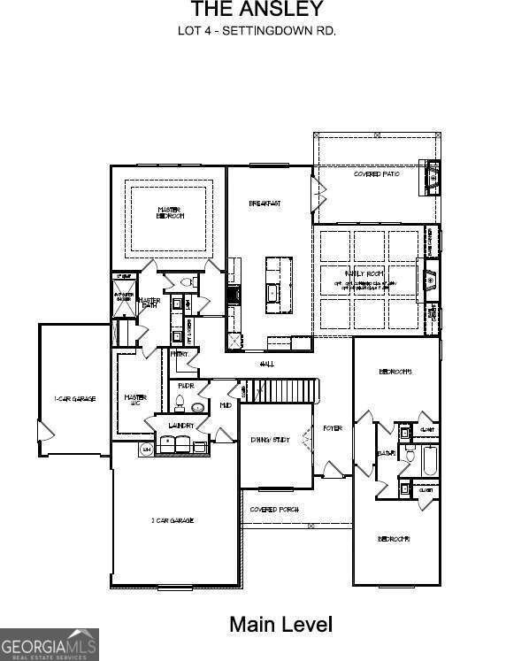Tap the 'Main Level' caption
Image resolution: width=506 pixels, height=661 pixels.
pyautogui.click(x=280, y=625)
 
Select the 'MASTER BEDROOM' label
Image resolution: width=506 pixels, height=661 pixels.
pyautogui.click(x=170, y=213)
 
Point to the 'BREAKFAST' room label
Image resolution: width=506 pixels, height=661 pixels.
pyautogui.click(x=264, y=204)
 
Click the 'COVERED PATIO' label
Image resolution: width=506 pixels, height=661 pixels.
pyautogui.click(x=376, y=174)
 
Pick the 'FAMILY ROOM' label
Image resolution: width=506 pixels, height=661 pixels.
pyautogui.click(x=365, y=275)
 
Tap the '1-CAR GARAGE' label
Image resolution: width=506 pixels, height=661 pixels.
pyautogui.click(x=74, y=398)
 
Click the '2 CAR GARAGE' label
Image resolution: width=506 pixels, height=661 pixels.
pyautogui.click(x=172, y=520)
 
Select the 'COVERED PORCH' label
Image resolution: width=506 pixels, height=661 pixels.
pyautogui.click(x=274, y=510)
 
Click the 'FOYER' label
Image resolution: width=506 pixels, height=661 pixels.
pyautogui.click(x=333, y=428)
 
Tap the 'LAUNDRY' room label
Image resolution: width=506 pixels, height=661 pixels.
pyautogui.click(x=180, y=427)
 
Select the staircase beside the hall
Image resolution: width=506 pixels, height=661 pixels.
pyautogui.click(x=280, y=389)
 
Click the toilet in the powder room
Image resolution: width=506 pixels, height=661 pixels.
pyautogui.click(x=180, y=405)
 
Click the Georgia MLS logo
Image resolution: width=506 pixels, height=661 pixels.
pyautogui.click(x=50, y=644)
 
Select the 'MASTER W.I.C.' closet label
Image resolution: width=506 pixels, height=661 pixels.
pyautogui.click(x=134, y=400)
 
